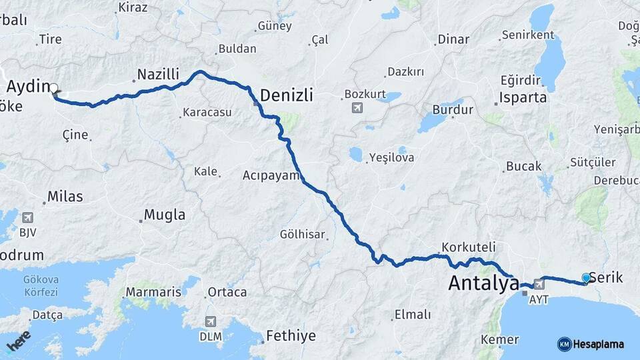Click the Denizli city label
pyautogui.click(x=287, y=95)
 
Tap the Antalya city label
pyautogui.click(x=483, y=283)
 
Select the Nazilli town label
pyautogui.click(x=158, y=74)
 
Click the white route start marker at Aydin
pyautogui.click(x=54, y=87)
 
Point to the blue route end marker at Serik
pyautogui.click(x=586, y=277)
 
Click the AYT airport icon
pyautogui.click(x=539, y=285)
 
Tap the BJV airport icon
pyautogui.click(x=27, y=217)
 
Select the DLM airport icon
pyautogui.click(x=211, y=321)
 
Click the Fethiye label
pyautogui.click(x=291, y=335)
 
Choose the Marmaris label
pyautogui.click(x=153, y=292)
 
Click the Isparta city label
pyautogui.click(x=523, y=97)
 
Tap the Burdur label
pyautogui.click(x=453, y=110)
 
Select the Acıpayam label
pyautogui.click(x=269, y=175)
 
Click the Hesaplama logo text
pyautogui.click(x=598, y=344)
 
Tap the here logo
pyautogui.click(x=18, y=341)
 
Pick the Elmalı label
pyautogui.click(x=413, y=315)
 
